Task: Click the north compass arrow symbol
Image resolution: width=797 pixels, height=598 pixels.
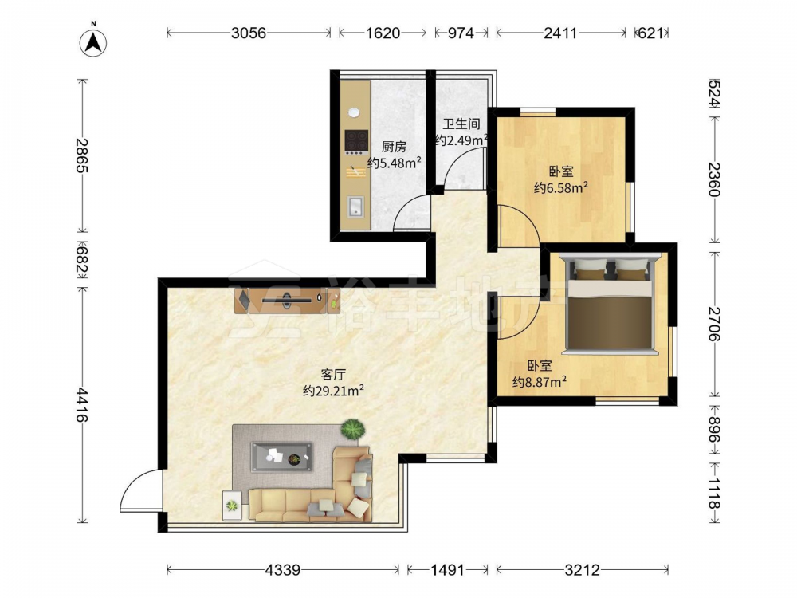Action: (93, 42)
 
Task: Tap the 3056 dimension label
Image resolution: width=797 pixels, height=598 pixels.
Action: (249, 33)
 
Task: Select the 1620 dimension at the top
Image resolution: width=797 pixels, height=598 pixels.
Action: (383, 33)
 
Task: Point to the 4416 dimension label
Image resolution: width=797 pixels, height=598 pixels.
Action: (82, 405)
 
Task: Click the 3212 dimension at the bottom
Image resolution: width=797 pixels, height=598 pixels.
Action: (582, 570)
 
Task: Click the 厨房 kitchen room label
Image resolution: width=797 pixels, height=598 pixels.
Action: (394, 148)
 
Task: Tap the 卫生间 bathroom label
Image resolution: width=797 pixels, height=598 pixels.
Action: (461, 124)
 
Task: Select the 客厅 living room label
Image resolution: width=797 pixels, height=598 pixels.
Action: (333, 376)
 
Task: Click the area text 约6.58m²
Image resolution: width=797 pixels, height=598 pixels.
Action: (561, 188)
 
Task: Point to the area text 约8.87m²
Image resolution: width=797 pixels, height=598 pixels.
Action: (540, 381)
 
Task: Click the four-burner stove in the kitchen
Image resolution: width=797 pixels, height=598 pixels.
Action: (356, 142)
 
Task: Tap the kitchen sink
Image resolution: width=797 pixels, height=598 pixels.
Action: (355, 207)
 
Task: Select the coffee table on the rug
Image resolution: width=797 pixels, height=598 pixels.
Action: (281, 457)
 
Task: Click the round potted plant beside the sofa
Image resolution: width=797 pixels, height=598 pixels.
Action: (353, 429)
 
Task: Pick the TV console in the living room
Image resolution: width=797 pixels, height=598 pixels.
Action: (288, 301)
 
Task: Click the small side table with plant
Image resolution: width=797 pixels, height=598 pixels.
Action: (232, 506)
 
